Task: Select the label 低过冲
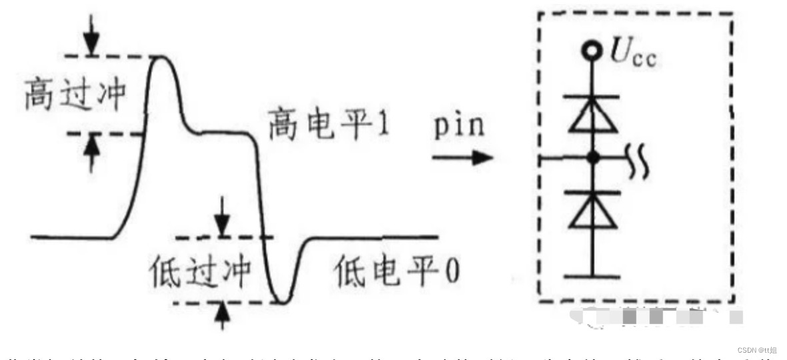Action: pyautogui.click(x=199, y=269)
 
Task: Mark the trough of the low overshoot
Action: pyautogui.click(x=283, y=301)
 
